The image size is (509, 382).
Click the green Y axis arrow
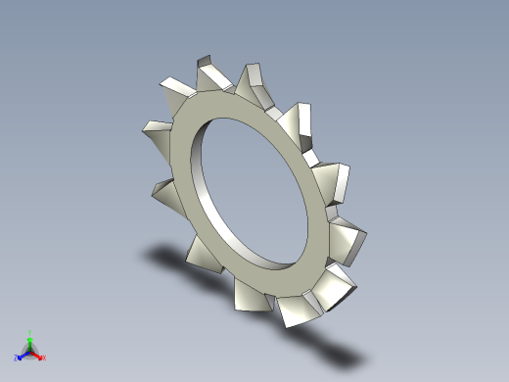point(29,342)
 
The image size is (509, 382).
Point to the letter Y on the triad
point(29,332)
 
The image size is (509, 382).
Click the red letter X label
point(44,358)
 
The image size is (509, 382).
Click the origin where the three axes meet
point(29,352)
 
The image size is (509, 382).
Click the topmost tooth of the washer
point(210,72)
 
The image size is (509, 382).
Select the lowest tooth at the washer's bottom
point(295,310)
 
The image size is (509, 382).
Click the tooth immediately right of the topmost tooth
point(255,82)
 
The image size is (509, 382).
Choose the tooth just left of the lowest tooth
point(249,294)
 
